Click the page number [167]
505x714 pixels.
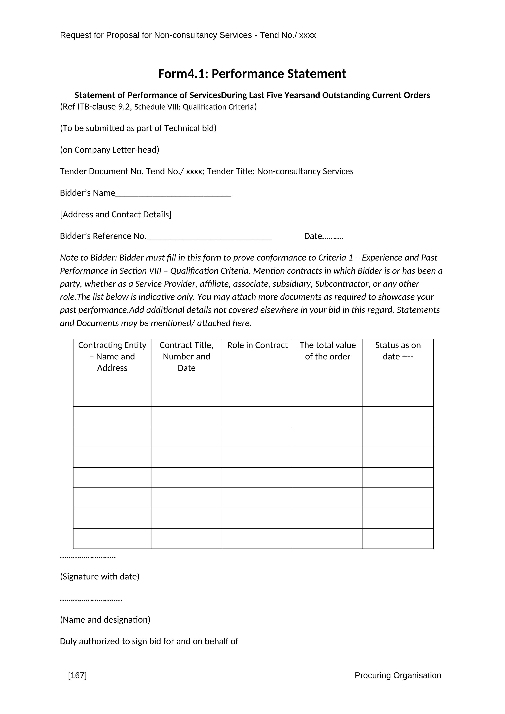tap(77, 675)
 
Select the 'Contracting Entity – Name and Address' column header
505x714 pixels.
tap(112, 356)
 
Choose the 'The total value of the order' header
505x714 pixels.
tap(328, 351)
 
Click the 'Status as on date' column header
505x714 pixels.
tap(398, 351)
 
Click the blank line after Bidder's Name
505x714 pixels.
tap(173, 195)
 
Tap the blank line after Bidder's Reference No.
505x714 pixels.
tap(209, 238)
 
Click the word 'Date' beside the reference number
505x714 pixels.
tap(312, 236)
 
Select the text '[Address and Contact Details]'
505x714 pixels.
tap(116, 215)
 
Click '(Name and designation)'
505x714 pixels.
tap(105, 620)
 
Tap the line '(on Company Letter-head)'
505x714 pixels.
tap(110, 150)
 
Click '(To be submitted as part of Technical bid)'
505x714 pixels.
tap(138, 128)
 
